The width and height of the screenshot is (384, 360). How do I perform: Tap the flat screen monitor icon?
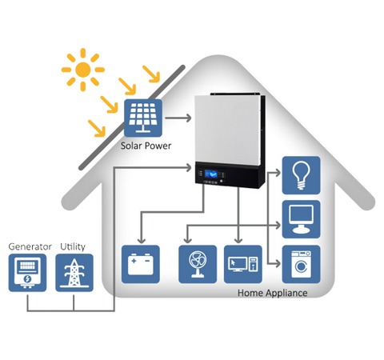click(x=302, y=218)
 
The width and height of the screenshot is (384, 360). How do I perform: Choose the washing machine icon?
click(x=302, y=264)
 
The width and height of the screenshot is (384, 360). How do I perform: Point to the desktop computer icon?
click(x=242, y=264)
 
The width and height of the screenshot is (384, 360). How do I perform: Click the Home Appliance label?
click(x=272, y=293)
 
